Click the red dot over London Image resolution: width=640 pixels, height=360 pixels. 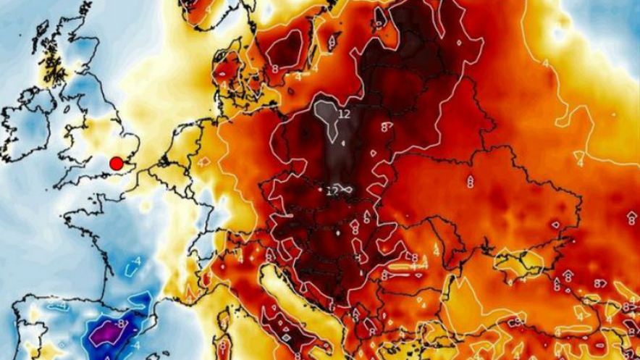click(x=116, y=164)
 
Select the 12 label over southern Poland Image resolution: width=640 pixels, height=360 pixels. click(x=333, y=191)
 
